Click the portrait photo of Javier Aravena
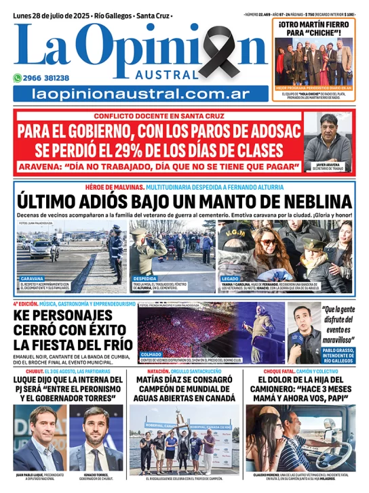pos(328,139)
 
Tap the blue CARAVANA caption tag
pos(31,278)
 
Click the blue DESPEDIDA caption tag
pos(144,278)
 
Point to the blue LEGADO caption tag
pos(231,278)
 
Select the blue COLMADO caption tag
pos(150,353)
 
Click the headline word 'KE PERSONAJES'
pos(63,316)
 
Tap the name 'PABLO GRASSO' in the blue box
pos(328,350)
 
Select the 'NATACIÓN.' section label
pos(149,371)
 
